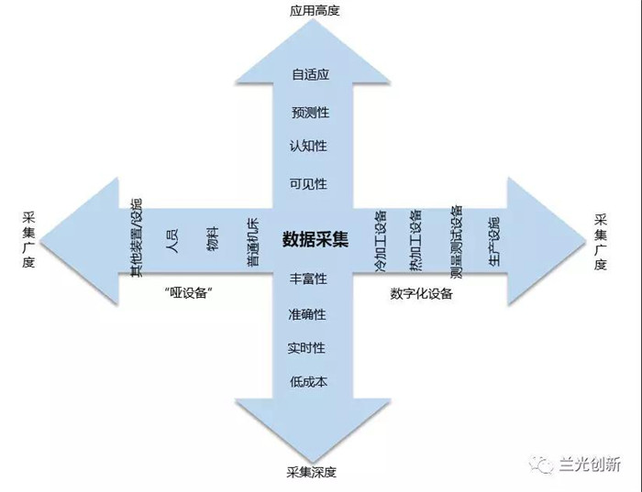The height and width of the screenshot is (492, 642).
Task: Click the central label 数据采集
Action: pos(315,239)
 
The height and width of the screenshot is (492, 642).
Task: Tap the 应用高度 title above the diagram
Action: pos(315,10)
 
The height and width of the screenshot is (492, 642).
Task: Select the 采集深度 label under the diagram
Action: pos(312,472)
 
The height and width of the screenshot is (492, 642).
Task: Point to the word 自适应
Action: pos(311,75)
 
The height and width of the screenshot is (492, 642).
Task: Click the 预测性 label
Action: pos(310,112)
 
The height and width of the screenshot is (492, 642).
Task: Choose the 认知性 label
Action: pos(308,146)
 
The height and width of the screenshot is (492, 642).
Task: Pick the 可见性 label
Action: pos(308,183)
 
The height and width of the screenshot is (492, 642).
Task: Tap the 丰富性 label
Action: pos(308,279)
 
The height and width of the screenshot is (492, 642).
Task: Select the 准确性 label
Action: pos(307,314)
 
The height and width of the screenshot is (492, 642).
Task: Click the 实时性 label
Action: pos(305,348)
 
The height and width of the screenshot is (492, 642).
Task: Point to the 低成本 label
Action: pos(308,381)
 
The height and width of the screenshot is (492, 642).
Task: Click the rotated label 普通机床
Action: pos(252,243)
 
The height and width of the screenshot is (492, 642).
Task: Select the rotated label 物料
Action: pos(213,238)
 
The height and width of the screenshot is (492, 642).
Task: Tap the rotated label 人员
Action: pos(172,240)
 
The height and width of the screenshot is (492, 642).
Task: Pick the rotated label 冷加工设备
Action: pos(381,241)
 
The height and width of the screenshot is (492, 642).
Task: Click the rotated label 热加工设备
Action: pos(415,240)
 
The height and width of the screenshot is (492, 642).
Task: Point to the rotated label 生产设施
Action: pos(493,241)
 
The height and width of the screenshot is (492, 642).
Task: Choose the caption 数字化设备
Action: pos(421,294)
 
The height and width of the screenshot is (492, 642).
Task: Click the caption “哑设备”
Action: pos(188,293)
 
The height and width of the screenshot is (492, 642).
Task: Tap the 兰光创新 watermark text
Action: pos(590,465)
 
